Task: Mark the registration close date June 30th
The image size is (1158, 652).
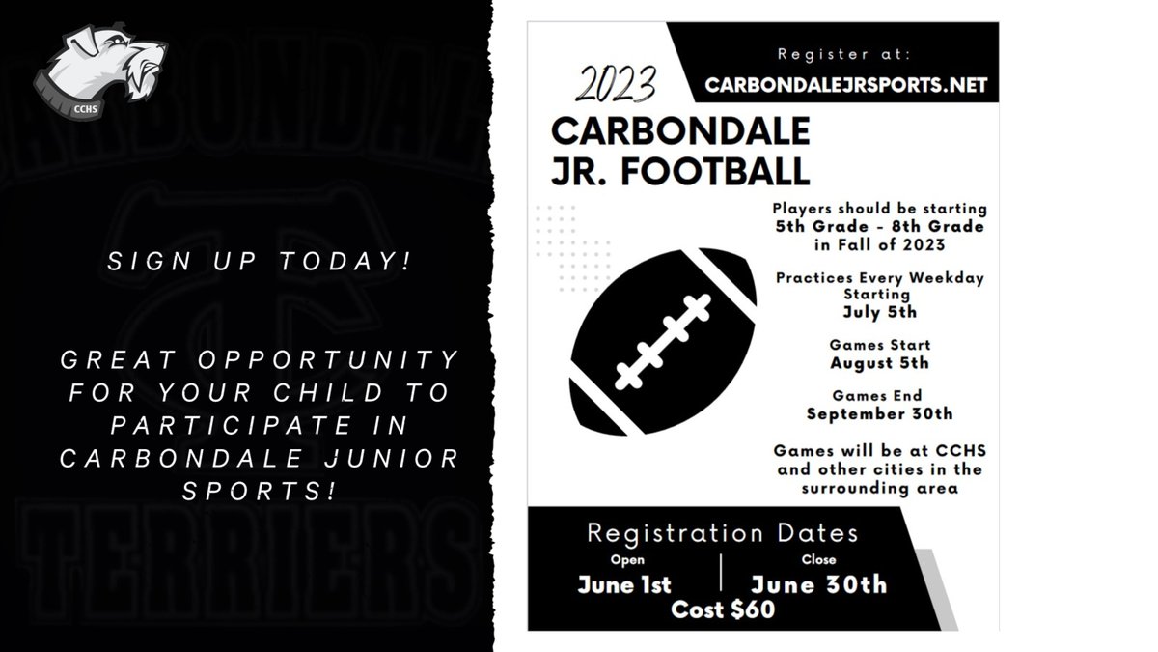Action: (x=818, y=584)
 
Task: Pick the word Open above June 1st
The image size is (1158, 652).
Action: (x=625, y=559)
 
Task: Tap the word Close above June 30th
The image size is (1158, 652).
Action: (x=817, y=559)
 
